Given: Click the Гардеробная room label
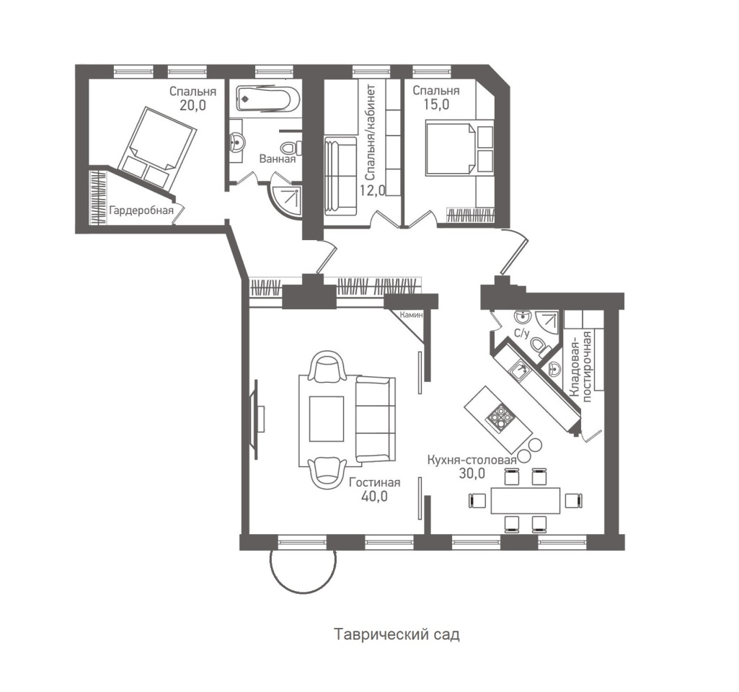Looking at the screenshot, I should tap(141, 210).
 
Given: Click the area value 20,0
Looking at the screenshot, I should tap(193, 105).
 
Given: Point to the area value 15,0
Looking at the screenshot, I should tap(435, 105).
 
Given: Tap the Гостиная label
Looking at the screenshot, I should tap(374, 482).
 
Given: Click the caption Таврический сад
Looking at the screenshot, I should tap(397, 635).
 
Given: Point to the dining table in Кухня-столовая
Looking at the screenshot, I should tap(525, 500).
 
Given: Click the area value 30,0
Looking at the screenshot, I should tap(472, 474).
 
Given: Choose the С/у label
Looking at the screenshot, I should tap(521, 333).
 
